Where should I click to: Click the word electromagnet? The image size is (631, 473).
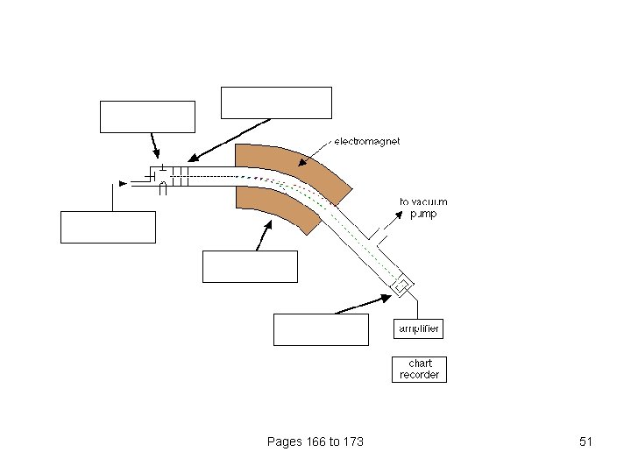pyautogui.click(x=366, y=142)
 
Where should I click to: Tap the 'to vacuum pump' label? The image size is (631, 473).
pyautogui.click(x=423, y=208)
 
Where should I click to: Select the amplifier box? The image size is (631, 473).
pyautogui.click(x=417, y=328)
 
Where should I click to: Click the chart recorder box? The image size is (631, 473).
pyautogui.click(x=417, y=369)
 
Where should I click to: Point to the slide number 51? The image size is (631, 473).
pyautogui.click(x=586, y=441)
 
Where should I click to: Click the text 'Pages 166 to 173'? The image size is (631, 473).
pyautogui.click(x=315, y=441)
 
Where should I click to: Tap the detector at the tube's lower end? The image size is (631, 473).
pyautogui.click(x=402, y=286)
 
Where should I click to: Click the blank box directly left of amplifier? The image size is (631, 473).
pyautogui.click(x=322, y=329)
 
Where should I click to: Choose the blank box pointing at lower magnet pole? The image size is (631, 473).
pyautogui.click(x=250, y=266)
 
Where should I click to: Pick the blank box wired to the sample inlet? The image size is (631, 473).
pyautogui.click(x=108, y=227)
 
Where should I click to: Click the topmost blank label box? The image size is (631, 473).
pyautogui.click(x=276, y=102)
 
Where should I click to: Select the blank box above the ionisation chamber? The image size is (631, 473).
pyautogui.click(x=147, y=116)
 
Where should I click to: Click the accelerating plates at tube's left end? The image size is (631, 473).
pyautogui.click(x=181, y=177)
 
